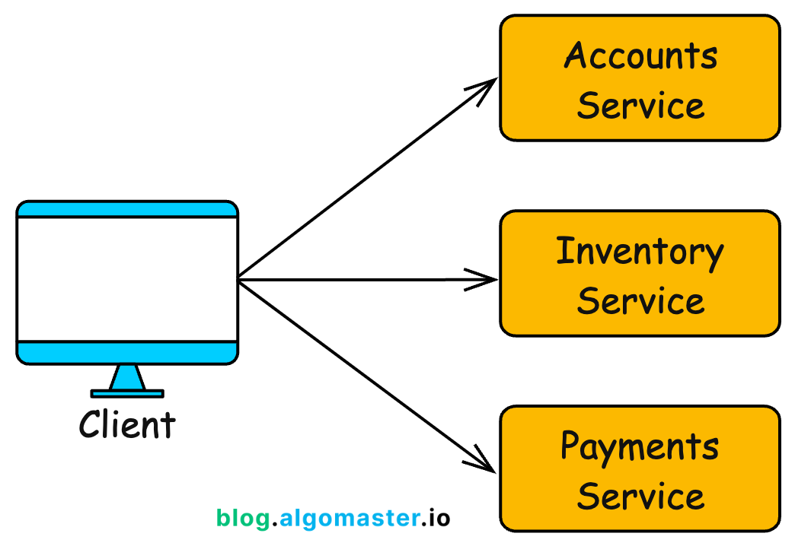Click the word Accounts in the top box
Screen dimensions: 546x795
pos(640,56)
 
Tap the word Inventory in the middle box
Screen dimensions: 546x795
pos(640,252)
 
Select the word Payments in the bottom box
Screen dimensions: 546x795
pos(640,447)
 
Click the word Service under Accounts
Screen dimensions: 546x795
pos(640,106)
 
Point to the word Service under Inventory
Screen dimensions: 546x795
pos(640,301)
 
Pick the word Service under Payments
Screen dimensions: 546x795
pos(640,496)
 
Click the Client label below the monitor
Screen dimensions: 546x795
pos(127,424)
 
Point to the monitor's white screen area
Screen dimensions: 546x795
pos(127,279)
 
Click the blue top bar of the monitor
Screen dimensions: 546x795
pos(127,210)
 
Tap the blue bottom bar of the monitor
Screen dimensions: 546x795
pos(127,352)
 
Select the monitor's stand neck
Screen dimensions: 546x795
pos(127,378)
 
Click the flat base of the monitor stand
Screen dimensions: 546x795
pos(127,393)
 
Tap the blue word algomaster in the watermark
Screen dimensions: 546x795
pos(346,519)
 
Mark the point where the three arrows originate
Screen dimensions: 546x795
pos(239,279)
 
